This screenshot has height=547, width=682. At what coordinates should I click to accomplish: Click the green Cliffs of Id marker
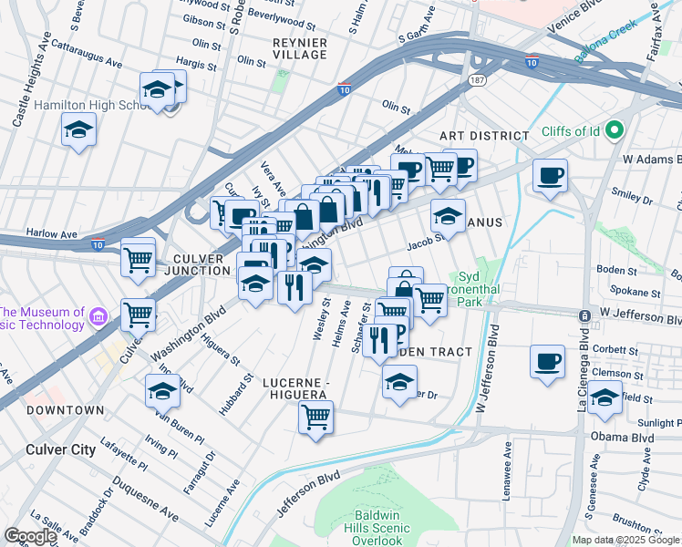click(614, 130)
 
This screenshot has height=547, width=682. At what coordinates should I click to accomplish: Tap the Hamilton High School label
click(91, 106)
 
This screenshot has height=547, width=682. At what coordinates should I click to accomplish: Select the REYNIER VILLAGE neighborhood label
click(299, 48)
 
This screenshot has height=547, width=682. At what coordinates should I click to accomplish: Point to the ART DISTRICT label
click(484, 136)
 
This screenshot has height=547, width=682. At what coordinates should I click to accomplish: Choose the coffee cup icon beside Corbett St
click(548, 360)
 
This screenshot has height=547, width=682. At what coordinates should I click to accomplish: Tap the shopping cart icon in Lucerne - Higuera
click(315, 418)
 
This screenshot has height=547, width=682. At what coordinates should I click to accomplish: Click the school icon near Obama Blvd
click(604, 397)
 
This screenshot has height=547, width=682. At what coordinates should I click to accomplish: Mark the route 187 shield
click(475, 81)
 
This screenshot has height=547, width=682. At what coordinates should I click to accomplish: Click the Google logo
click(30, 535)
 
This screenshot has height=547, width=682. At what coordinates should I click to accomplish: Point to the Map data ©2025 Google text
click(625, 540)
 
